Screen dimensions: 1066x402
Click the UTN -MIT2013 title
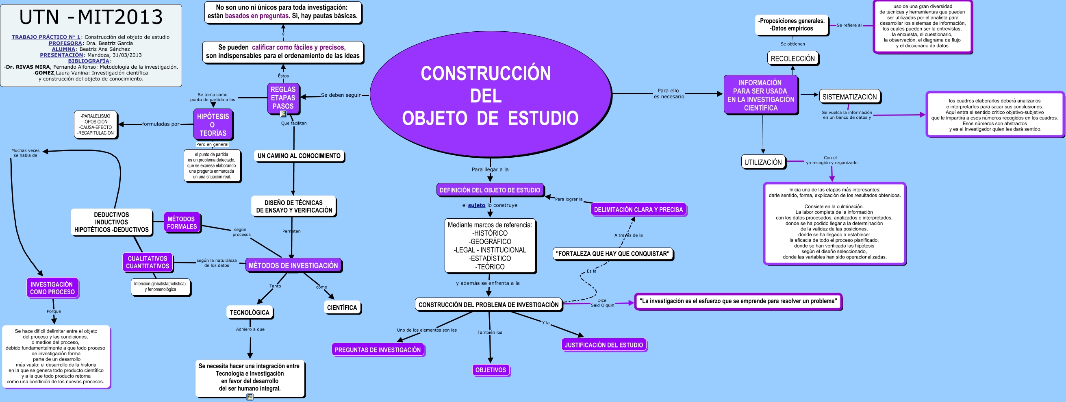point(91,17)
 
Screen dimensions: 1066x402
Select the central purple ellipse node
point(491,95)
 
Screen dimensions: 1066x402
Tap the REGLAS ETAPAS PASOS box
point(283,98)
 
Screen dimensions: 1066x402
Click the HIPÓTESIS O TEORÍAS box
point(213,125)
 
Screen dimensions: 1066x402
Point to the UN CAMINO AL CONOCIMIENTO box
point(299,156)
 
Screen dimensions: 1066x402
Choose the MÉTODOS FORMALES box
point(182,223)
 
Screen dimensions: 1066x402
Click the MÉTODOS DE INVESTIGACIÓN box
point(293,265)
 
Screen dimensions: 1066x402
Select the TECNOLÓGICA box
point(249,313)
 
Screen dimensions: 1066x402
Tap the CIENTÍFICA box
point(342,308)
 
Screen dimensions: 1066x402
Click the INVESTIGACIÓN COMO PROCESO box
point(52,288)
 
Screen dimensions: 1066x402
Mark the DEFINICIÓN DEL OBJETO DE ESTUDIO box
point(490,190)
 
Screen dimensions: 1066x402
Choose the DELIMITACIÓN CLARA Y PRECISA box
point(638,209)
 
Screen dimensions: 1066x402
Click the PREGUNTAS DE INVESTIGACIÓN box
point(378,350)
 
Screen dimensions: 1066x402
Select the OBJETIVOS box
point(491,370)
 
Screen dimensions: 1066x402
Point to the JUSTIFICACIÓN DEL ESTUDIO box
point(604,345)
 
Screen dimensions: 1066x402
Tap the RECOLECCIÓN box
point(792,59)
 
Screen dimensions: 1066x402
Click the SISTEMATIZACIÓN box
point(849,97)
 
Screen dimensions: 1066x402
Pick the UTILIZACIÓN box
point(763,162)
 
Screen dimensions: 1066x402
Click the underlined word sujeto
point(476,205)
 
